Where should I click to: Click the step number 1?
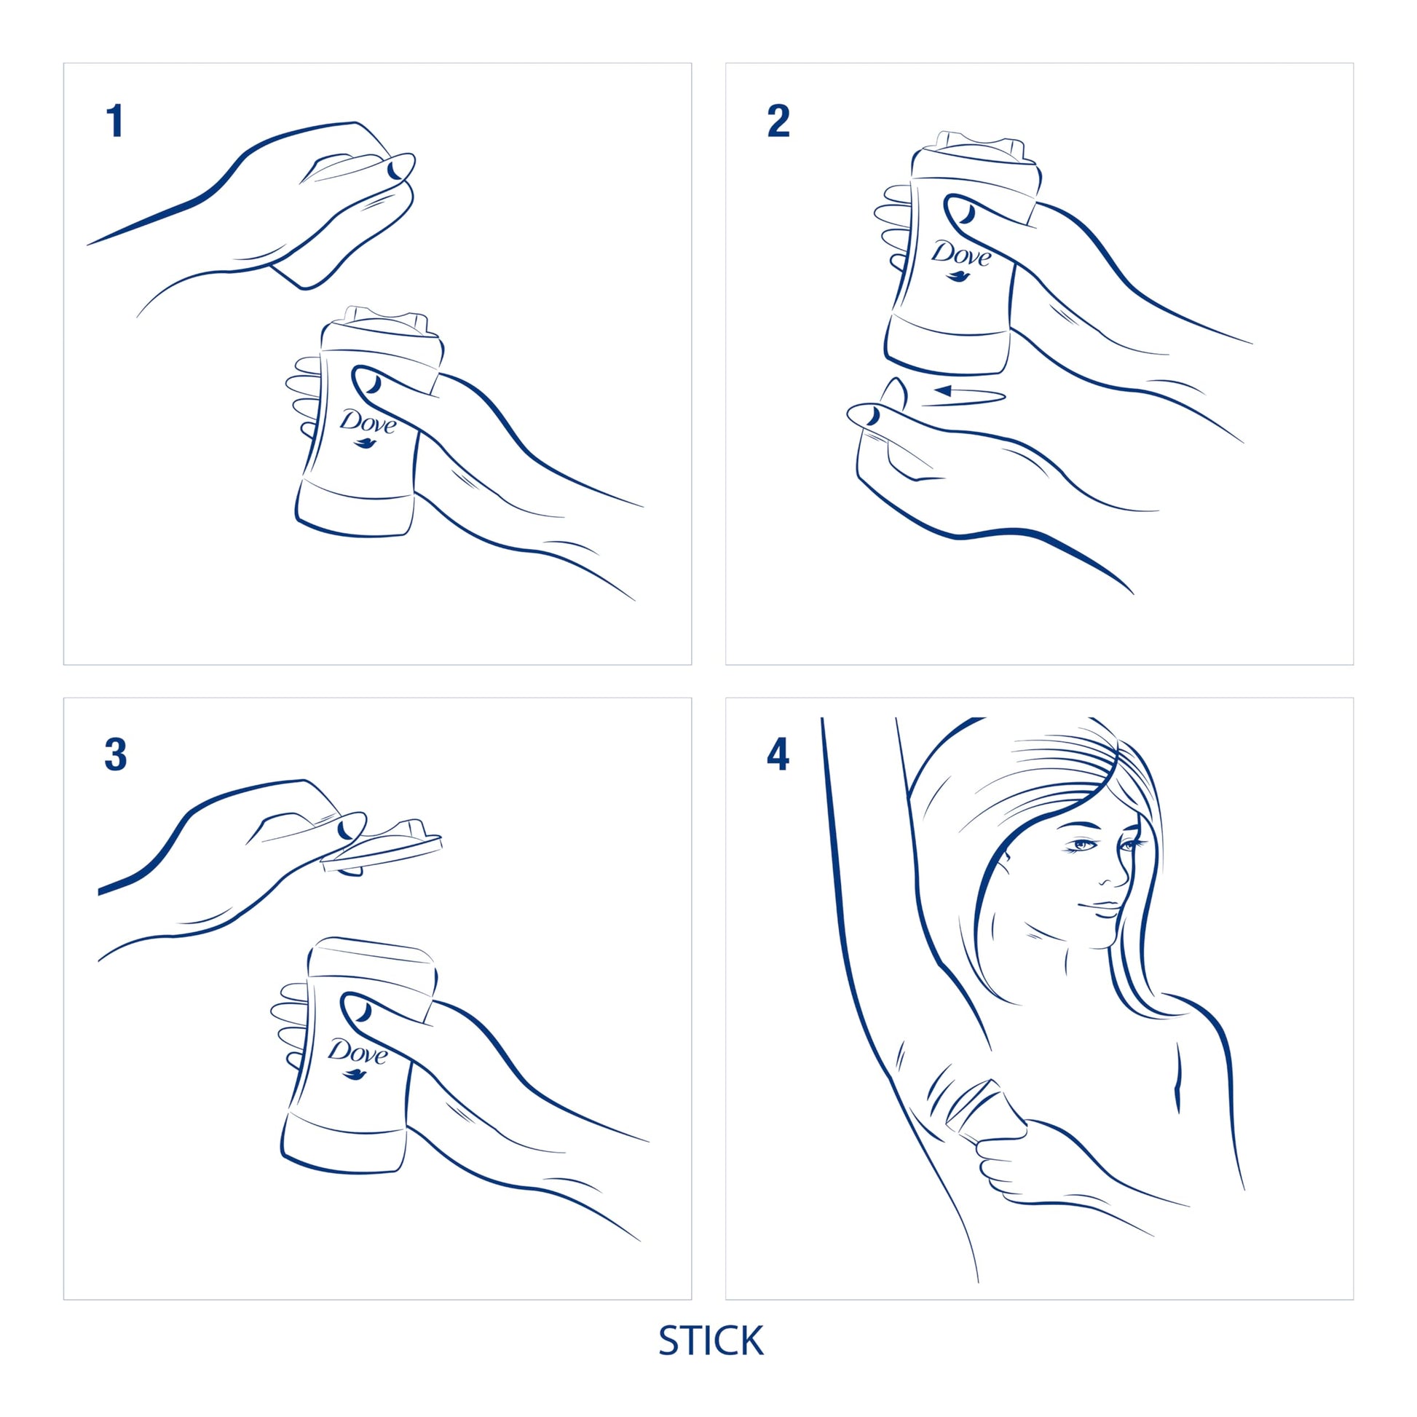coord(114,122)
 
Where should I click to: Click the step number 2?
coord(778,122)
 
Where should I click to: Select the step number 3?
coord(116,754)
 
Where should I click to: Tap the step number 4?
coord(778,754)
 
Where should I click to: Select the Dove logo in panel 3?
coord(357,1057)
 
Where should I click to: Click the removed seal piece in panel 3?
coord(385,851)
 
